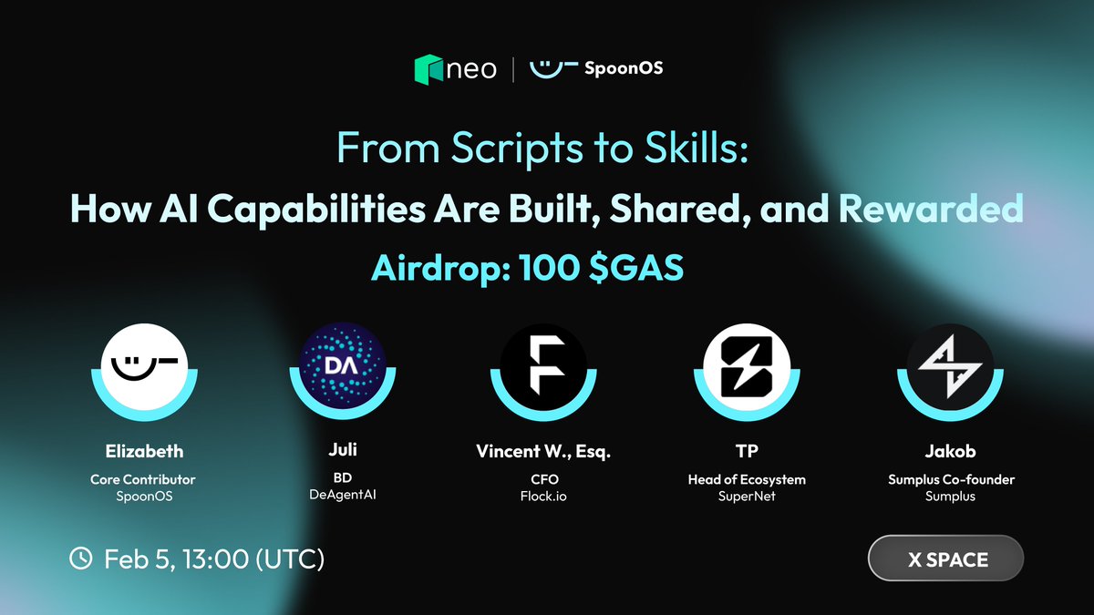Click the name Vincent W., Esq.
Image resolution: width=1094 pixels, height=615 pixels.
(x=544, y=451)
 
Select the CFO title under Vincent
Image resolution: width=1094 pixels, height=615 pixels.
(x=544, y=479)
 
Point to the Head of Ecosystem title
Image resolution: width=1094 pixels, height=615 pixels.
(x=747, y=479)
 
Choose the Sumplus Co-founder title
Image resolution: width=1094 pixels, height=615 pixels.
(x=950, y=479)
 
